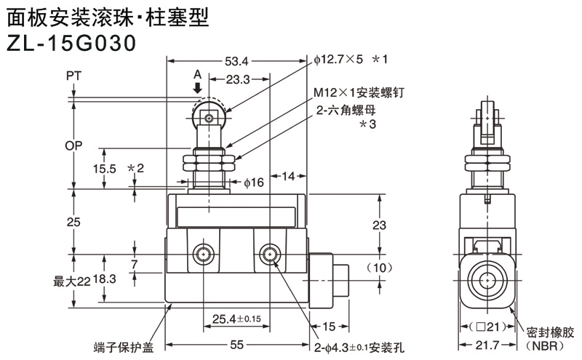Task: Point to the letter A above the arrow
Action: pos(197,75)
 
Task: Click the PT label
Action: pos(73,76)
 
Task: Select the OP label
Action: pos(73,145)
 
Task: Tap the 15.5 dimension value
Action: pos(105,168)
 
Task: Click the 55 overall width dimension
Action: pos(236,347)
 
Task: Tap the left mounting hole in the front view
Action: pos(202,255)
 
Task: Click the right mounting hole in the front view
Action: pos(270,255)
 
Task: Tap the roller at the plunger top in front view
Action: pos(210,116)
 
